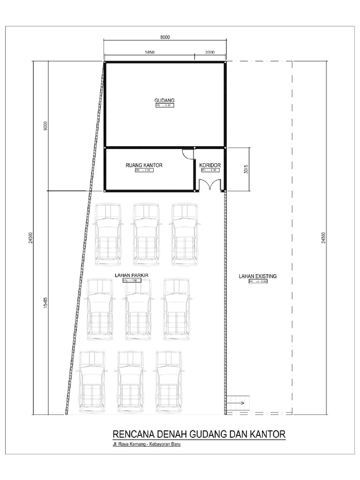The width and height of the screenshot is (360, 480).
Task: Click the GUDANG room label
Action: point(165,100)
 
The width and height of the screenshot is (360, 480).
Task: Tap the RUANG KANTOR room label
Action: point(144,165)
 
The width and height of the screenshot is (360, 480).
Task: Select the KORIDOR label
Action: point(210,165)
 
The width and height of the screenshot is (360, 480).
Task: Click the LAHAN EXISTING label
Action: point(258,277)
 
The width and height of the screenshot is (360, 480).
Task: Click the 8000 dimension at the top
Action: point(164,37)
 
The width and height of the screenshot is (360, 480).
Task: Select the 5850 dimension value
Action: point(149,53)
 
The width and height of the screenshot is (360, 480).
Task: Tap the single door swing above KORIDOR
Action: point(187,153)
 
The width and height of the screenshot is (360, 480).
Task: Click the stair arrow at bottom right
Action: point(238,403)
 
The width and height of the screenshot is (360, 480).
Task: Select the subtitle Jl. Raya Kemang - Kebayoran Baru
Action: point(143,444)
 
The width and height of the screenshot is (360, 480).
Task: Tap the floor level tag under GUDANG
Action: point(165,106)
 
